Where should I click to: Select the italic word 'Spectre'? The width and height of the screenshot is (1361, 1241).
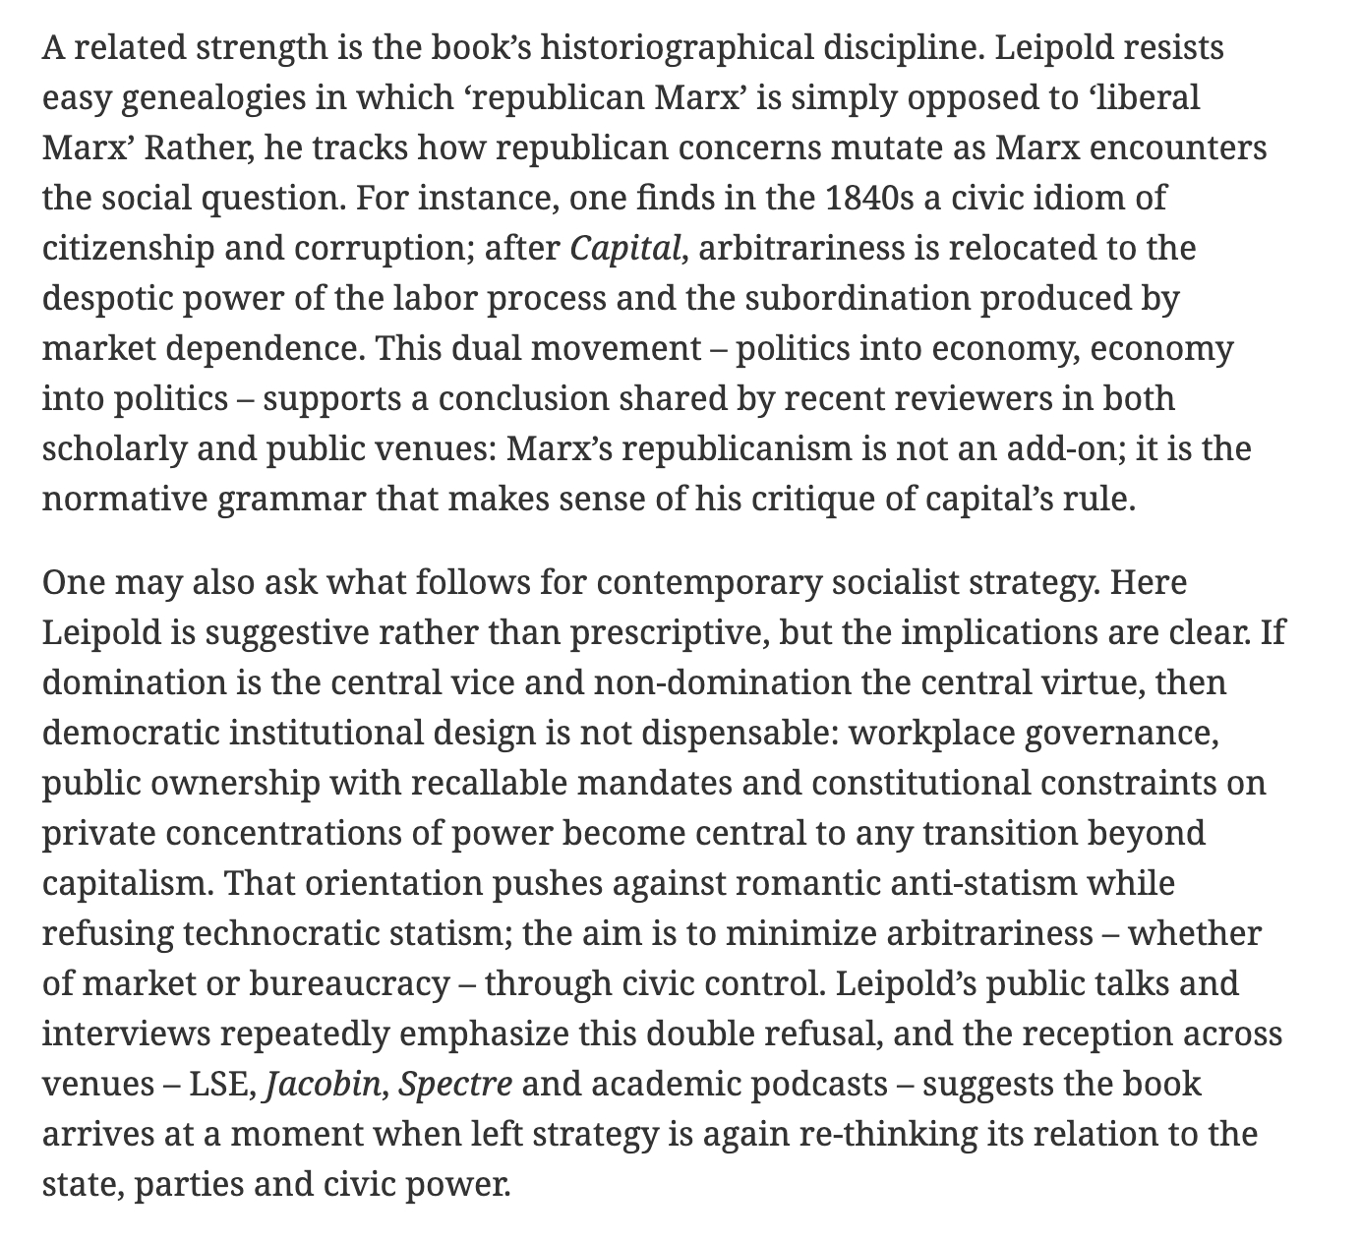[x=455, y=1084]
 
